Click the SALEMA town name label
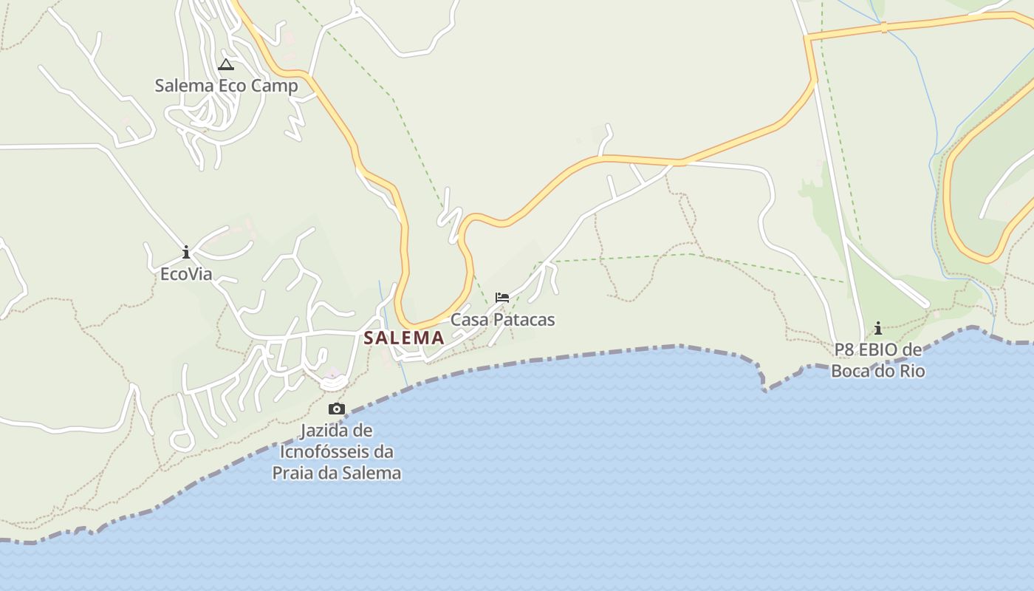[x=403, y=338]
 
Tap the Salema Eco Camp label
[x=226, y=86]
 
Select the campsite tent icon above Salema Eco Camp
[x=226, y=65]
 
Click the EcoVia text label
[x=186, y=274]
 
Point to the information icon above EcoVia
[x=186, y=253]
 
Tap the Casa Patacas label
[x=502, y=320]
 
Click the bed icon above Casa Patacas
[x=502, y=298]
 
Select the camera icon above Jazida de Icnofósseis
[x=337, y=409]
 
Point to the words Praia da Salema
[x=337, y=473]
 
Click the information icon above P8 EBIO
[x=878, y=328]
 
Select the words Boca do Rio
[x=878, y=371]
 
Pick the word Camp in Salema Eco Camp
[x=274, y=86]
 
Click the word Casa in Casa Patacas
[x=469, y=320]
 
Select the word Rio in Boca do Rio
[x=911, y=371]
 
